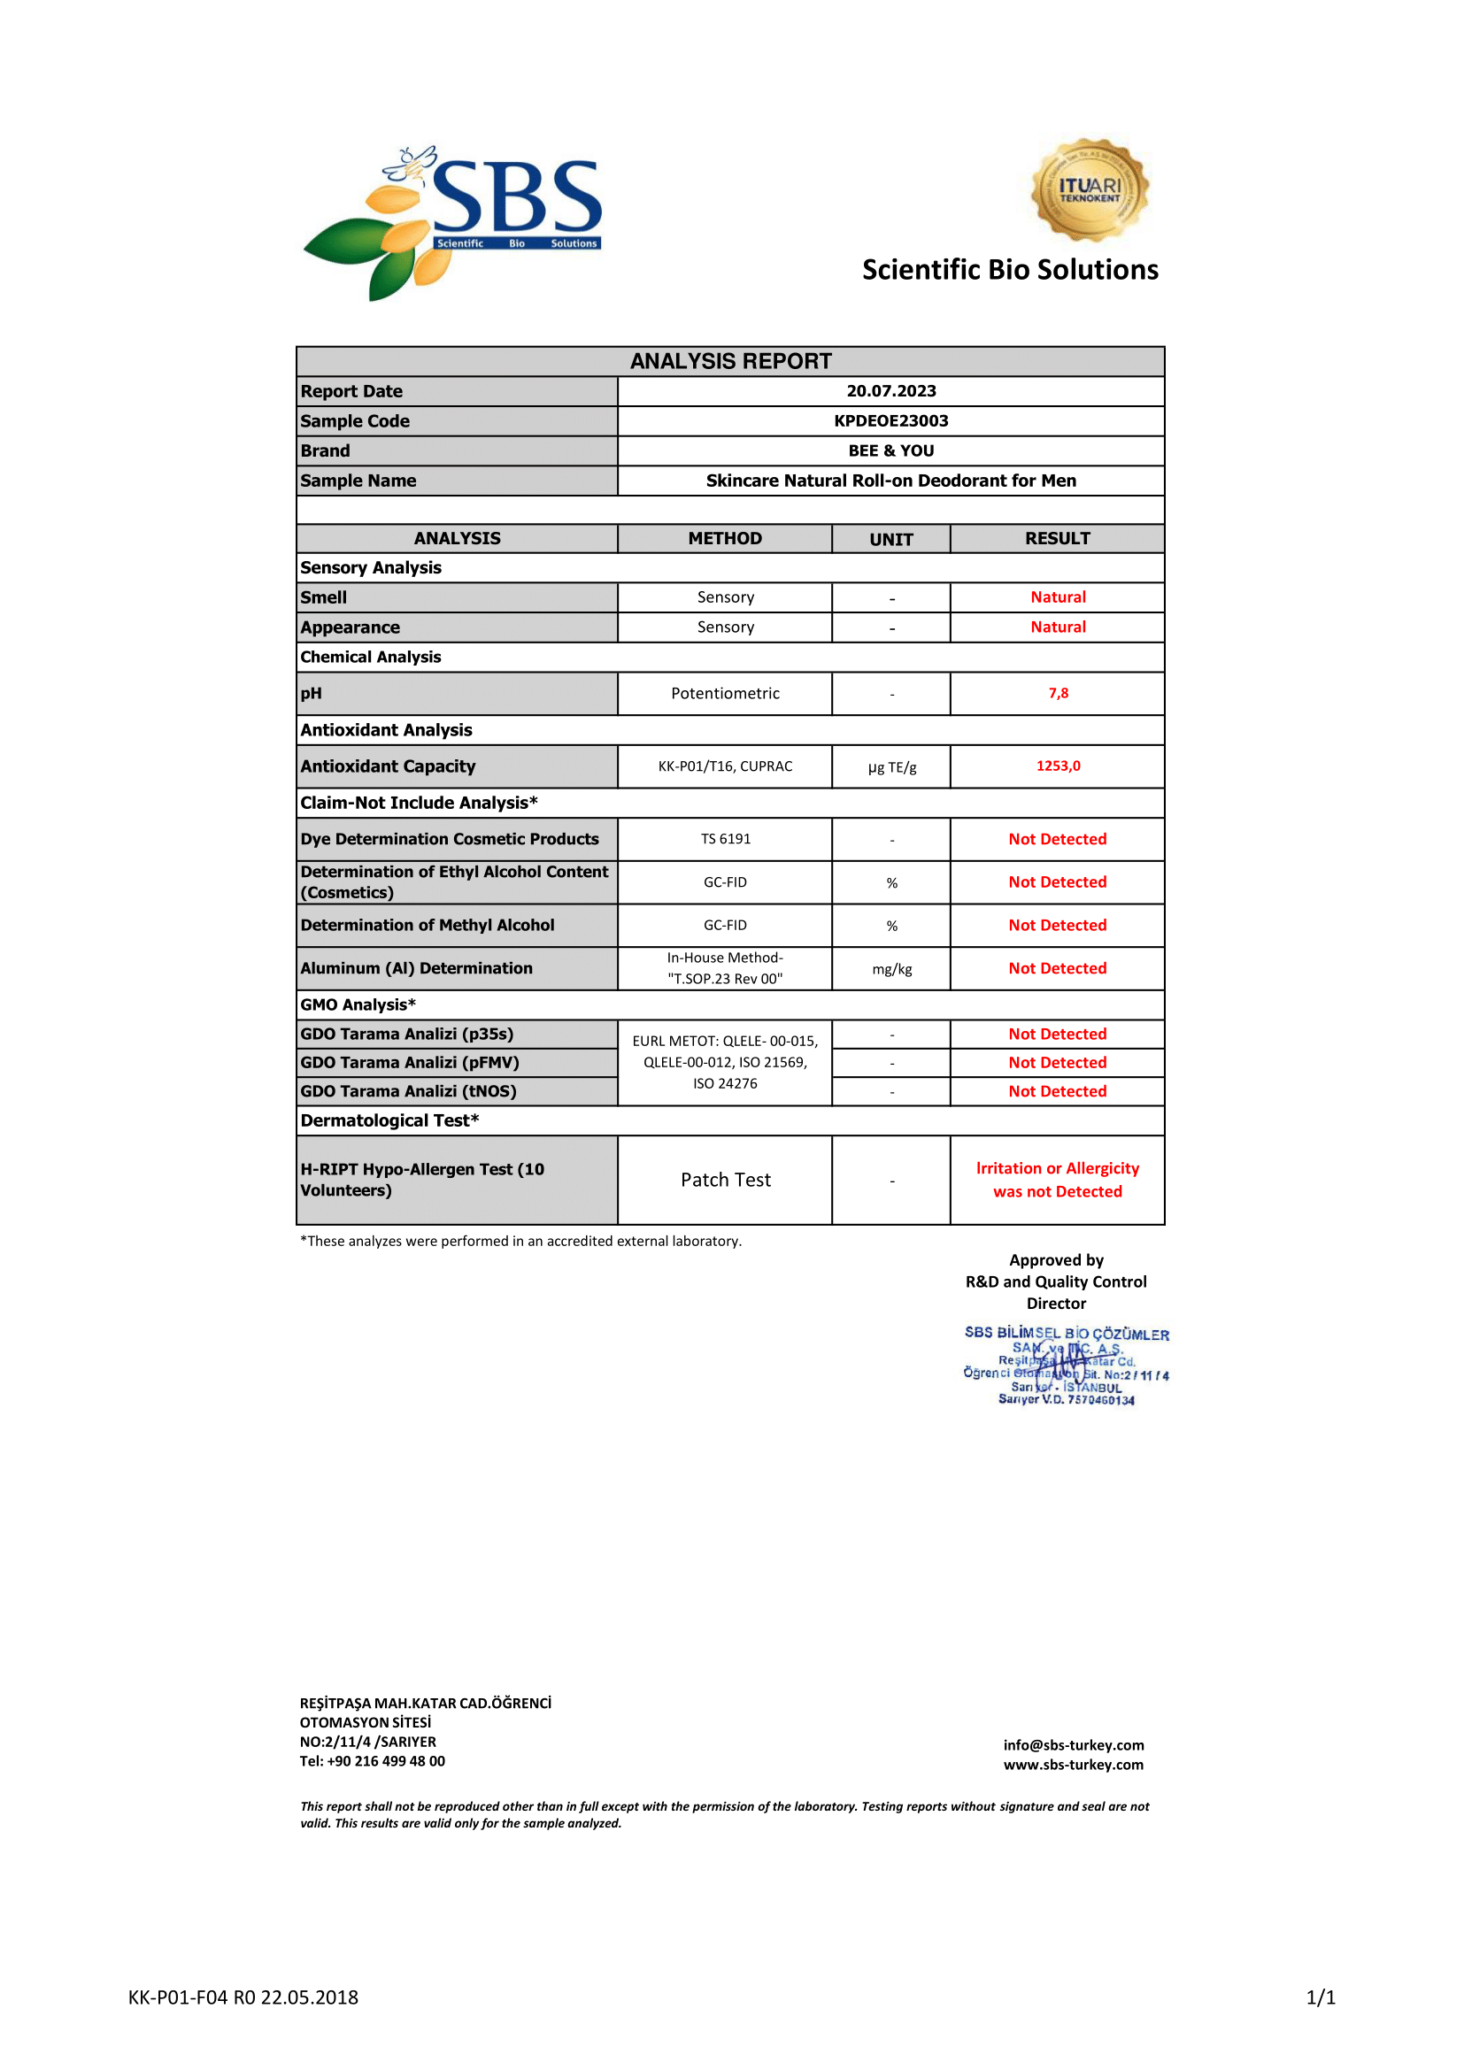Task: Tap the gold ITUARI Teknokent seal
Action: [1089, 189]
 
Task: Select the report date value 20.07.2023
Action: [890, 391]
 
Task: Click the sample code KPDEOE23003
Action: [890, 421]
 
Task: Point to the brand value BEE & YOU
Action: [890, 450]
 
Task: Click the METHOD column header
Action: [725, 538]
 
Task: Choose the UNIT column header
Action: [890, 539]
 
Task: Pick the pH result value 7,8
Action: [1058, 693]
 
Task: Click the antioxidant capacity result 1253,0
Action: [1058, 766]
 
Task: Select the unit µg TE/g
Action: [891, 767]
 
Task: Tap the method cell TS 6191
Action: [725, 839]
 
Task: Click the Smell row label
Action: [324, 597]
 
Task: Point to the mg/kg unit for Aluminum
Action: [891, 969]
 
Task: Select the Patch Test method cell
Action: [725, 1181]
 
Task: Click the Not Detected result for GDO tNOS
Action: [1058, 1092]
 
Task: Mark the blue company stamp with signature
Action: [1066, 1365]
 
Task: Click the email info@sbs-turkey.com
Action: [1073, 1745]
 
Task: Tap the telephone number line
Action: [373, 1762]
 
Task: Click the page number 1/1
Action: [1320, 1998]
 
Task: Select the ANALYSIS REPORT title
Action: [730, 362]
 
